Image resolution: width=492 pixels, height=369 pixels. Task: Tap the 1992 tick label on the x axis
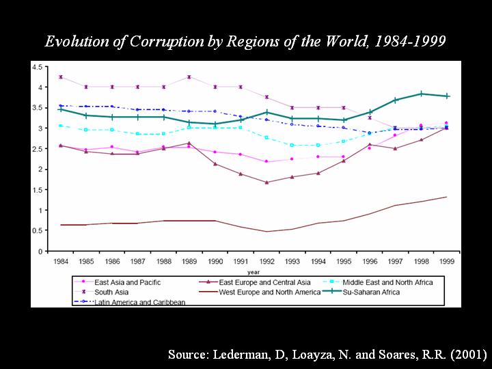click(x=266, y=262)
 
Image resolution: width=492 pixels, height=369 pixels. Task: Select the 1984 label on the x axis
click(x=61, y=262)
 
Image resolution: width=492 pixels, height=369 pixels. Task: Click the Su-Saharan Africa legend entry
click(x=372, y=292)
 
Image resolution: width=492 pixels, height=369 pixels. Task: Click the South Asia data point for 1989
click(x=189, y=77)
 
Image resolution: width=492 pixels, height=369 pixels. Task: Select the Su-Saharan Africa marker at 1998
click(x=421, y=94)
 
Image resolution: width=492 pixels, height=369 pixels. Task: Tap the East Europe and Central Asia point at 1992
click(x=266, y=182)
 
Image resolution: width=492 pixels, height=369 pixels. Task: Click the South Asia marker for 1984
click(x=61, y=77)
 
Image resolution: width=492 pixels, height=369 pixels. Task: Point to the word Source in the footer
click(x=189, y=355)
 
